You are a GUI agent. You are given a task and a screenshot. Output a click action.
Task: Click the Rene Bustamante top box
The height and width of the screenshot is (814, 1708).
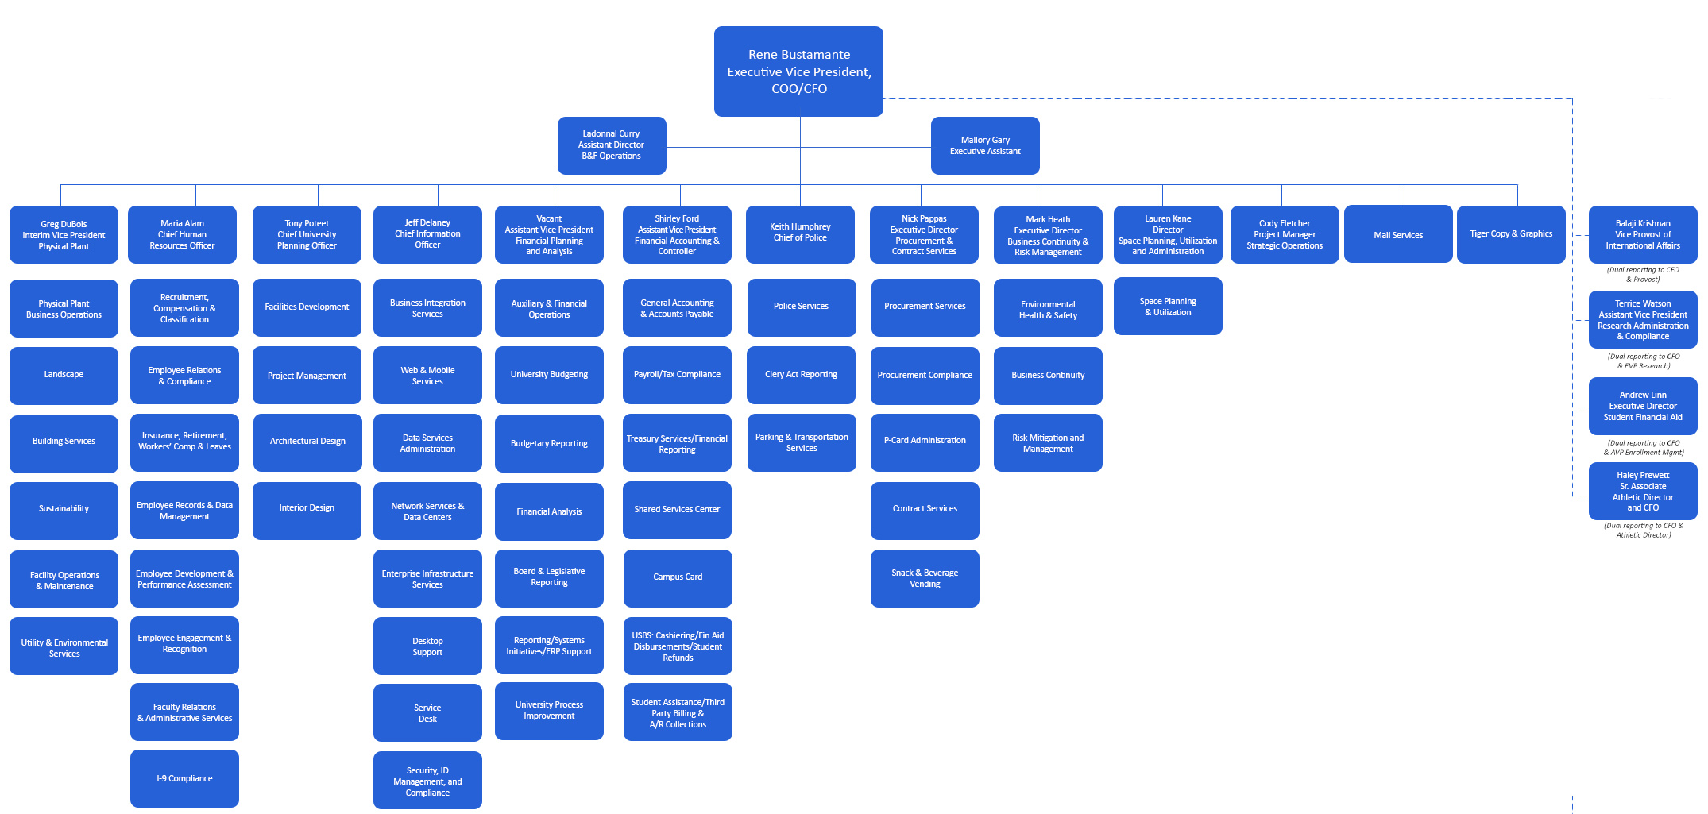click(x=798, y=71)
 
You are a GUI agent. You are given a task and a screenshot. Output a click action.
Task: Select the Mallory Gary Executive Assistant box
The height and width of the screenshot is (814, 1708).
click(x=985, y=145)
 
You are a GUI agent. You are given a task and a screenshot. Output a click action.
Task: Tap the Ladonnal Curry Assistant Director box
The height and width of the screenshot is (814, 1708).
click(x=611, y=145)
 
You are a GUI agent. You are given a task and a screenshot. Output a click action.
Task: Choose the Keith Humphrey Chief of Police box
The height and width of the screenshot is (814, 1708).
click(x=800, y=233)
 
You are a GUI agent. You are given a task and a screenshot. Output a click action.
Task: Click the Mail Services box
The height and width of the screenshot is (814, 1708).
click(x=1398, y=235)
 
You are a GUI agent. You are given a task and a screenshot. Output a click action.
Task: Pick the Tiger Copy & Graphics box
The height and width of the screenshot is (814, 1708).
click(x=1511, y=234)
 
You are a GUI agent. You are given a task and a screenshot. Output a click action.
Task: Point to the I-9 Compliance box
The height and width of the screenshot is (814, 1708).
click(x=184, y=778)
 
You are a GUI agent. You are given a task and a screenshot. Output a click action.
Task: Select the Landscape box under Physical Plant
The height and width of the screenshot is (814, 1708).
click(x=64, y=375)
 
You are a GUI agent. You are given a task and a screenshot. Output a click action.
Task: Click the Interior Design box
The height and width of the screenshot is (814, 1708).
click(x=307, y=508)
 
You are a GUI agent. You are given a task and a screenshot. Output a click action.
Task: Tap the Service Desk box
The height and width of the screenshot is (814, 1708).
click(x=427, y=713)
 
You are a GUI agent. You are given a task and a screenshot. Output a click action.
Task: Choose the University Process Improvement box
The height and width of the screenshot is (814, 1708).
click(x=549, y=711)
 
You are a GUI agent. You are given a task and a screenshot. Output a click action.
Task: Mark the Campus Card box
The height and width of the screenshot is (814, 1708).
click(x=678, y=577)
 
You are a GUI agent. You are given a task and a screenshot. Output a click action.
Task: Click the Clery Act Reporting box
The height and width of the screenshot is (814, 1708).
click(x=801, y=375)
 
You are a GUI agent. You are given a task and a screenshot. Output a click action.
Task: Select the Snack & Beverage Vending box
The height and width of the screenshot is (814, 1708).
click(x=925, y=578)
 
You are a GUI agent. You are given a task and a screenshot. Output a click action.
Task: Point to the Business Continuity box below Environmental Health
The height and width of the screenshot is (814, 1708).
click(x=1048, y=376)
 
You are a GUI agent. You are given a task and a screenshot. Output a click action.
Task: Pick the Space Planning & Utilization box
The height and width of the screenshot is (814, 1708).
click(x=1168, y=307)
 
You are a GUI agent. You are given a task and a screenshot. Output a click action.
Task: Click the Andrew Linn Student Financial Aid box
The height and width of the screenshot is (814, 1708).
click(x=1643, y=406)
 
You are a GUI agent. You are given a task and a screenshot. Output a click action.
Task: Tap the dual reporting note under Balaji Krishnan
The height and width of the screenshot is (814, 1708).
click(x=1643, y=275)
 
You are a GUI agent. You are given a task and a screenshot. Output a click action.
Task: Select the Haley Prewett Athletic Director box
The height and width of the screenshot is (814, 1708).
click(x=1643, y=492)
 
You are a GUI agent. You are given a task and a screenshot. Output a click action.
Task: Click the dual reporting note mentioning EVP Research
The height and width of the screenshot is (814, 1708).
click(x=1643, y=361)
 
